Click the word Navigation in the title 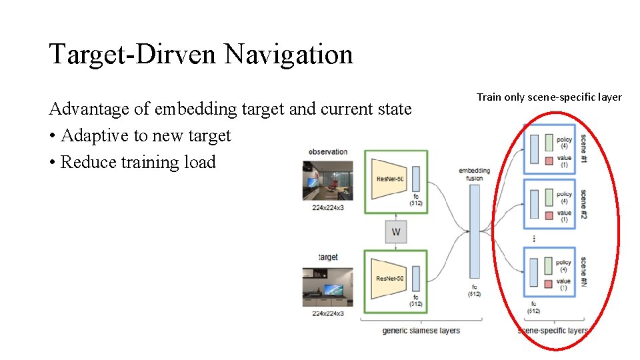click(288, 54)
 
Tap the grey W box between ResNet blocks click(396, 232)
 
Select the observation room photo click(327, 180)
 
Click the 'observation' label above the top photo click(328, 151)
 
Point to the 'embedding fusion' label click(474, 174)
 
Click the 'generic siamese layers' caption click(421, 331)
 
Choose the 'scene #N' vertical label click(583, 267)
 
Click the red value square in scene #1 click(549, 161)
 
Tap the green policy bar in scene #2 click(549, 198)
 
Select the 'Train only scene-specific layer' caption click(549, 97)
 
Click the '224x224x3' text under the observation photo click(328, 207)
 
